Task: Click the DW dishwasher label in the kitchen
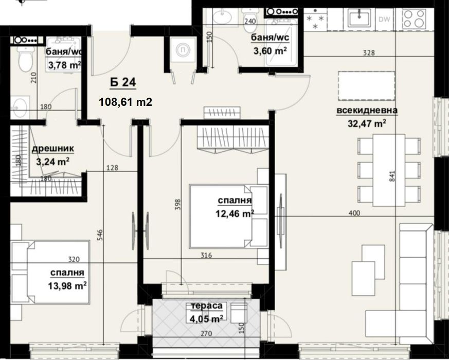384,20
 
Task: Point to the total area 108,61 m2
125,102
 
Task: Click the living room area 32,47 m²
367,123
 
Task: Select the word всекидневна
367,111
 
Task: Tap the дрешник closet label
53,149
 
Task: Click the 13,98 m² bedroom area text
68,285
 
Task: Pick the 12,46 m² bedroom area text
235,213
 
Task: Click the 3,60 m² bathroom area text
268,50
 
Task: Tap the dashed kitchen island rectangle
366,86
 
